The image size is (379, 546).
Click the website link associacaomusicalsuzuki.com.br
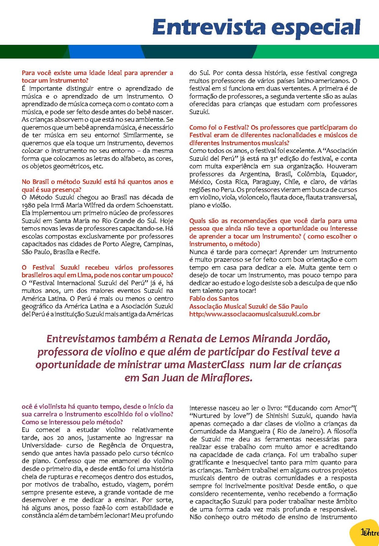255,314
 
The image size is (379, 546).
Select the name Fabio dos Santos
214,298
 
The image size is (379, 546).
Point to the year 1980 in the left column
29,205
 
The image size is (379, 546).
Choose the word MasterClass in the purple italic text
216,365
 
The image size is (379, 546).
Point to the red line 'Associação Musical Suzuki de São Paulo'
248,306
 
